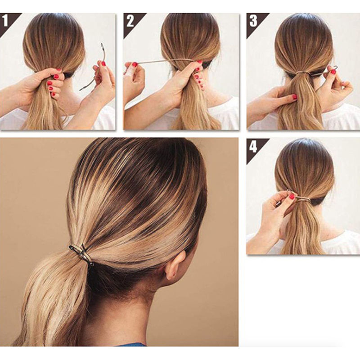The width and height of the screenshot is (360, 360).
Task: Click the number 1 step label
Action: click(x=5, y=21)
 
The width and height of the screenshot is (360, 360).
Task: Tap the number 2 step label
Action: click(x=130, y=21)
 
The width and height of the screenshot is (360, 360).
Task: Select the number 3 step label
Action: click(x=253, y=21)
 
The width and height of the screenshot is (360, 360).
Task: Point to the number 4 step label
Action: click(x=253, y=147)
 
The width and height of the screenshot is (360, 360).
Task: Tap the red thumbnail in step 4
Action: click(x=292, y=197)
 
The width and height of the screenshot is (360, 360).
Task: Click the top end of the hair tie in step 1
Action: click(x=102, y=44)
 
